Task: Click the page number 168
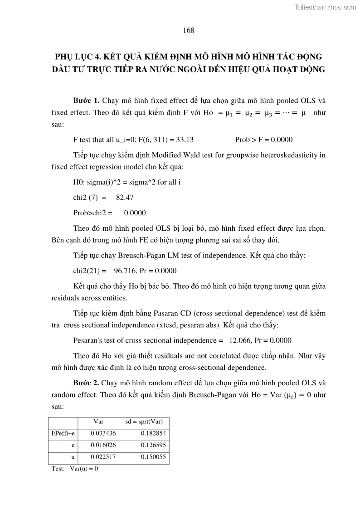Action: pos(189,30)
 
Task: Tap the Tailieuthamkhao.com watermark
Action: pos(325,7)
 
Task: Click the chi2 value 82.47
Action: pos(125,198)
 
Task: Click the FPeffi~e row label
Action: pos(63,434)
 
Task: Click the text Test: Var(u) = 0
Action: pos(75,469)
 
